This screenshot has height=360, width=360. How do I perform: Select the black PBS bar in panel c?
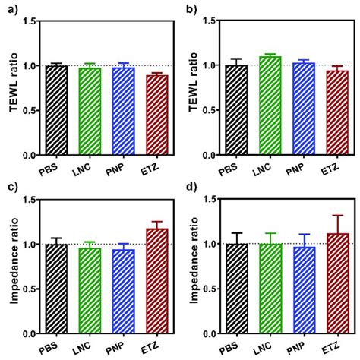pyautogui.click(x=56, y=289)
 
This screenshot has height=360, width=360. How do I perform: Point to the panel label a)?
pyautogui.click(x=9, y=9)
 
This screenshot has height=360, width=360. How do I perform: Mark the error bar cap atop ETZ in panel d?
pyautogui.click(x=337, y=215)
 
